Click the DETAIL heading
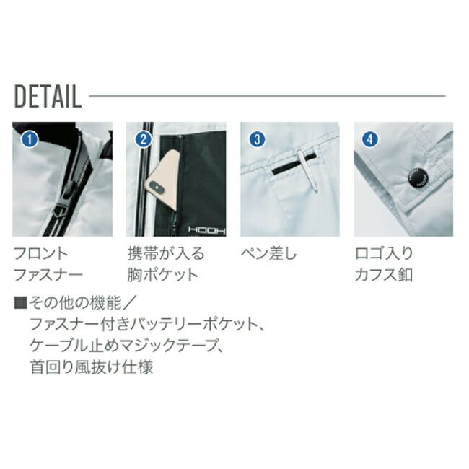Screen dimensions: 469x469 click(48, 96)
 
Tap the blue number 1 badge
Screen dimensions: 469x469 click(30, 139)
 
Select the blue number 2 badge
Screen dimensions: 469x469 click(144, 139)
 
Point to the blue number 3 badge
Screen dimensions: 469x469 click(258, 139)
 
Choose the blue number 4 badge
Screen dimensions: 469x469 click(370, 139)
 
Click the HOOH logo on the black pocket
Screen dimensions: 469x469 click(206, 229)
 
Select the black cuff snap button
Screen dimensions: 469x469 click(418, 178)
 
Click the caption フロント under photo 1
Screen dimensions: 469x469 click(41, 254)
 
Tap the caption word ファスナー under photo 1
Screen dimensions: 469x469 click(48, 275)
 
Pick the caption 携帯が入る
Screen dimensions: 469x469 click(166, 254)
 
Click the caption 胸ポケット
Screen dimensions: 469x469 click(163, 275)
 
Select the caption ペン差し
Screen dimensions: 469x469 click(268, 254)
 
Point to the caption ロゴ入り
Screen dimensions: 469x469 click(384, 254)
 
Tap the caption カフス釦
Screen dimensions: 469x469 click(384, 275)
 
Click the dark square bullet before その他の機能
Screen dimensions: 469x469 click(21, 303)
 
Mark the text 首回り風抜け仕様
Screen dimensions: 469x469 click(92, 367)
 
